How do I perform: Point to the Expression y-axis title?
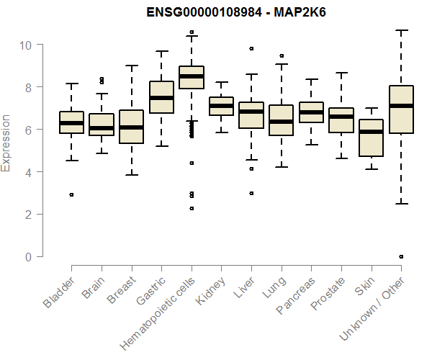pos(6,143)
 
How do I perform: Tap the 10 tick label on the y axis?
pos(26,45)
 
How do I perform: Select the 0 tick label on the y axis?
pos(30,257)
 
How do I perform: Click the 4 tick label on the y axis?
pos(30,172)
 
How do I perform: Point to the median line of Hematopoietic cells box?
pos(191,76)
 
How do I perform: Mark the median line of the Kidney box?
pos(221,106)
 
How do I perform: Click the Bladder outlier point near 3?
pos(71,194)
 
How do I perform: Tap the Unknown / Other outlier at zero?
pos(401,256)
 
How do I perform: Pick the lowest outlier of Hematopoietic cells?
pos(191,208)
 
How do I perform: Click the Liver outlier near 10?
pos(251,48)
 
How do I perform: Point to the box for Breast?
pos(131,127)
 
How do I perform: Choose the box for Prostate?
pos(341,120)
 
